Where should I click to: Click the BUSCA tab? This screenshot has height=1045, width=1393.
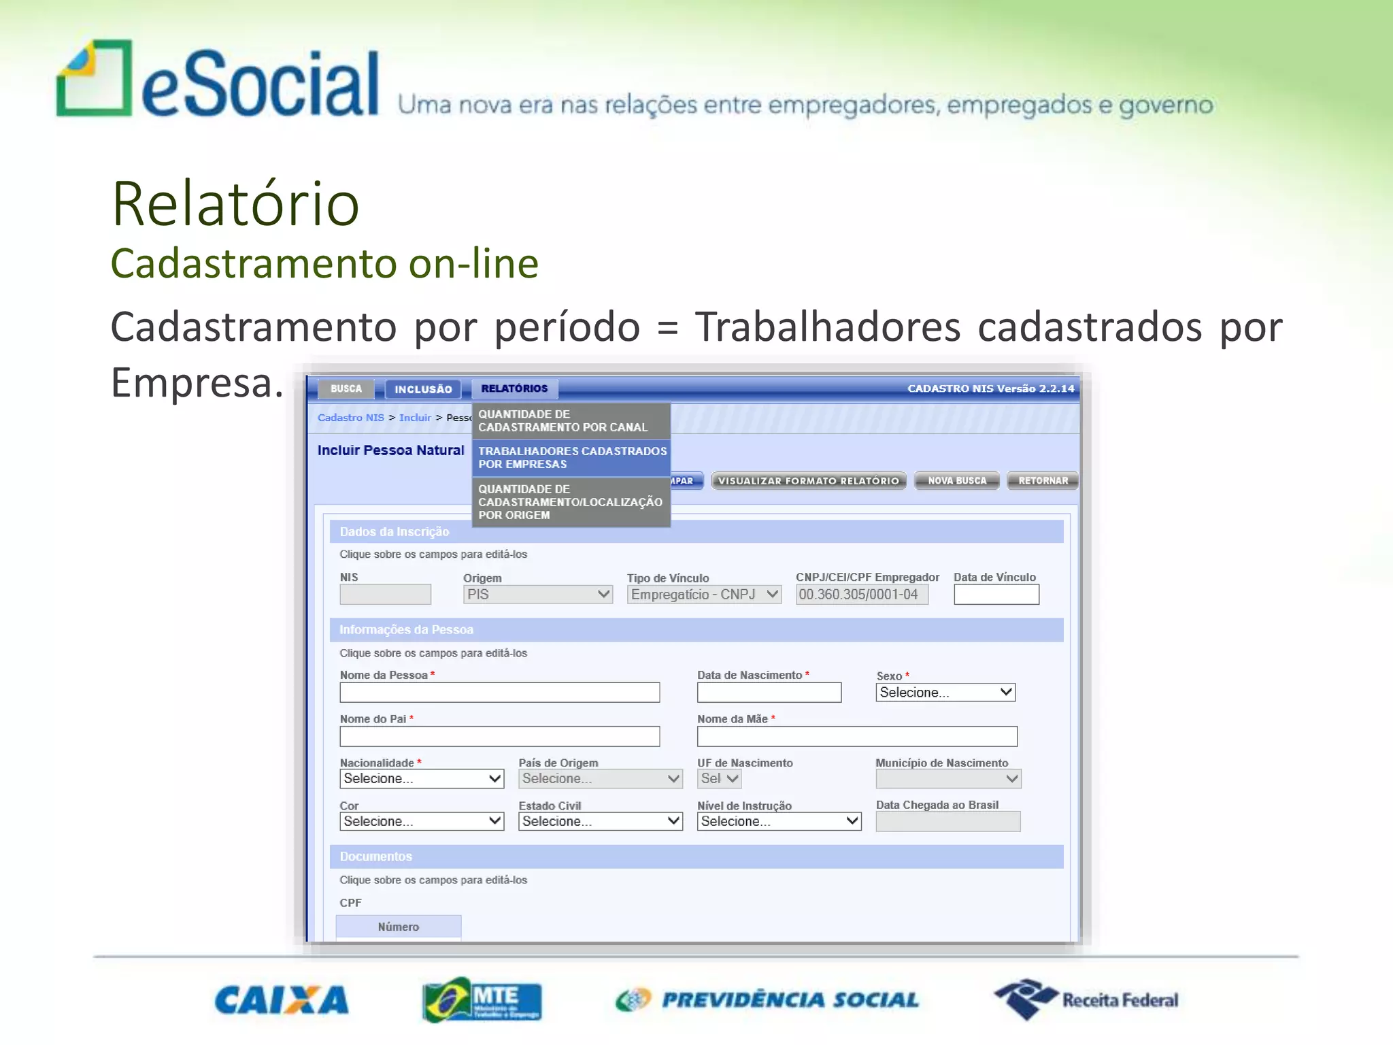[346, 388]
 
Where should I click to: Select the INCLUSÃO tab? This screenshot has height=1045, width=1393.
[423, 389]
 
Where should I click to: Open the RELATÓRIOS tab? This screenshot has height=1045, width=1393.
[514, 388]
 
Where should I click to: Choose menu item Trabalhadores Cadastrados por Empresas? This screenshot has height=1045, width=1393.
[571, 457]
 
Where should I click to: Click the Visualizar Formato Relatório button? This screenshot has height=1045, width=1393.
[808, 480]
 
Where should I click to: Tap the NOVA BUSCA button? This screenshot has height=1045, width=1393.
[956, 480]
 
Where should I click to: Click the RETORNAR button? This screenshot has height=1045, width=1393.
[1043, 480]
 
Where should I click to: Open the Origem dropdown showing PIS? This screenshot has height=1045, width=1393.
[537, 595]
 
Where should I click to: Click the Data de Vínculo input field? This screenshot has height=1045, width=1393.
[996, 595]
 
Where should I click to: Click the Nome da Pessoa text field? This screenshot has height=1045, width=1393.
[499, 693]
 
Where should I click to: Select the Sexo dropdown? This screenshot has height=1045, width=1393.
[945, 693]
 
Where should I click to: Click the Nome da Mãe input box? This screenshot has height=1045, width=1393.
[856, 736]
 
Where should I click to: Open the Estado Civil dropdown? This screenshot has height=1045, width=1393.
[600, 821]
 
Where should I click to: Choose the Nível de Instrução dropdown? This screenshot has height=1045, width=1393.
[779, 821]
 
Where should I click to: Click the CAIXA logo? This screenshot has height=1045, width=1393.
[282, 1000]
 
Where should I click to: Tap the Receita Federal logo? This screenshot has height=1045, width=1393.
[1086, 999]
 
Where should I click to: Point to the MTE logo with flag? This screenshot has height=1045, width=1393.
[482, 999]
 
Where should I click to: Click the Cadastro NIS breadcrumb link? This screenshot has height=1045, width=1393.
[350, 418]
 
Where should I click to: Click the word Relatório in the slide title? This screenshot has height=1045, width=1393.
[235, 203]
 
